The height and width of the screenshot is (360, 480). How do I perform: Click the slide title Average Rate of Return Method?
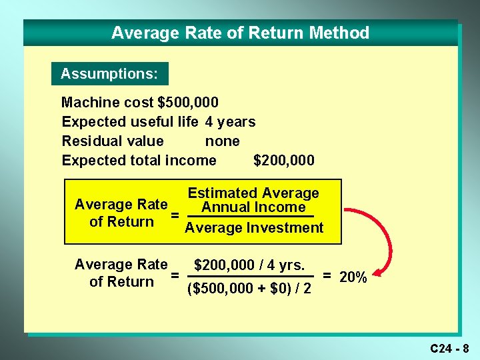click(240, 33)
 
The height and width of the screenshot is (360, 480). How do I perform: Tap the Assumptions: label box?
click(109, 73)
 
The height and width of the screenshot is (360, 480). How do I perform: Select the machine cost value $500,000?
click(188, 103)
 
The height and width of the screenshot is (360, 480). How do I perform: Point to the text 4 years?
click(230, 122)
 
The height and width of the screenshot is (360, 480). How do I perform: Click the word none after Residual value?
click(222, 141)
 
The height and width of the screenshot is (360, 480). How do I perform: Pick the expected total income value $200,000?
click(283, 161)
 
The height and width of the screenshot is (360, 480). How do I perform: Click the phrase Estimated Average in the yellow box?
click(253, 193)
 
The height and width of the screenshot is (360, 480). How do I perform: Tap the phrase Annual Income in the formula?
click(253, 207)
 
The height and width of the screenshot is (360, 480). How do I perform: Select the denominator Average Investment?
click(253, 228)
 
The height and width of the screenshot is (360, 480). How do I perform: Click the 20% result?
click(353, 277)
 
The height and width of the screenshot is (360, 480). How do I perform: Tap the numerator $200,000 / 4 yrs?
click(249, 265)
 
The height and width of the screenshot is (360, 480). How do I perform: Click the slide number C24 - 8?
click(449, 348)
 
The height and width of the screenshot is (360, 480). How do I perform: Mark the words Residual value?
click(112, 141)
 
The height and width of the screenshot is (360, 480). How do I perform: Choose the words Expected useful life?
click(129, 122)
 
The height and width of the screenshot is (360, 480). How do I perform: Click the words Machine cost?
click(107, 103)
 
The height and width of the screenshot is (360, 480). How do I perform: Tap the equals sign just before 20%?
click(327, 275)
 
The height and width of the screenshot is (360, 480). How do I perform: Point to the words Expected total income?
click(139, 161)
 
